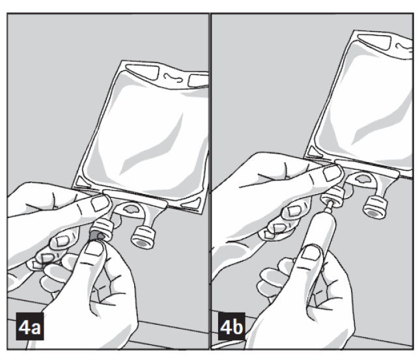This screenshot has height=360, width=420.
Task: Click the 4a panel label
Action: [x=30, y=326]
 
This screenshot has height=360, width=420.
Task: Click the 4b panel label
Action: [x=232, y=326]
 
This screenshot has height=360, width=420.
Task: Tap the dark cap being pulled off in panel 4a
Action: [x=96, y=236]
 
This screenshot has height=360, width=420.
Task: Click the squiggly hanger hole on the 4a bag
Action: [x=173, y=77]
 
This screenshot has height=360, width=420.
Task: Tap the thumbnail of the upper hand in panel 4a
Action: [x=100, y=202]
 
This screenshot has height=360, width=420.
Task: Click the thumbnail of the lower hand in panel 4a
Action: [x=94, y=249]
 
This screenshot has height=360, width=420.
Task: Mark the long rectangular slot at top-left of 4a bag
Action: [x=142, y=72]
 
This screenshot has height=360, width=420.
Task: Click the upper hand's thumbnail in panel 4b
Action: [x=332, y=173]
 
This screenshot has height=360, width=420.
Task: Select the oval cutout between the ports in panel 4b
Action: [x=365, y=178]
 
